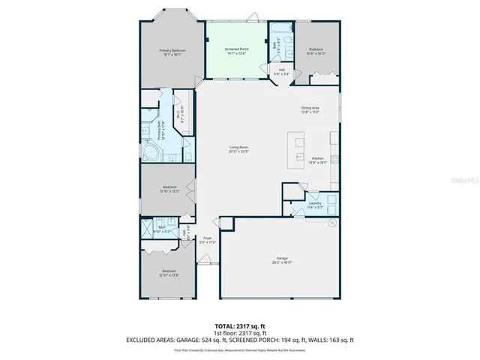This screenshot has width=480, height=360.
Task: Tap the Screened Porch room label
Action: [237, 49]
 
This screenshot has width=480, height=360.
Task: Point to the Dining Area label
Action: [310, 108]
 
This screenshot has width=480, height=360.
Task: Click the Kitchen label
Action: [318, 158]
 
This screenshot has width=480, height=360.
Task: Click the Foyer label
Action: [207, 239]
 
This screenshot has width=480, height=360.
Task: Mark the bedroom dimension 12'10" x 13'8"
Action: [169, 275]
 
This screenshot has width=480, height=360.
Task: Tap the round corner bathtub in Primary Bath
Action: [149, 155]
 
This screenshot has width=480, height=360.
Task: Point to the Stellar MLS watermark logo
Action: [466, 180]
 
